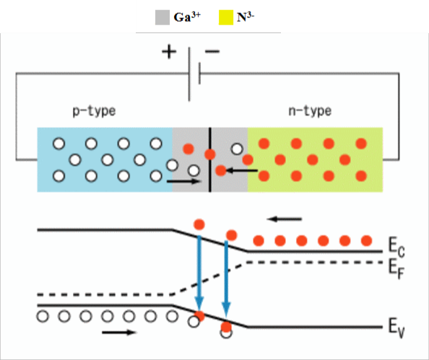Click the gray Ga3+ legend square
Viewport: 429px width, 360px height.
pyautogui.click(x=162, y=17)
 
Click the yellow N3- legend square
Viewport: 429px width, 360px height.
pyautogui.click(x=226, y=17)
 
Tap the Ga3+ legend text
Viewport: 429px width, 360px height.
pyautogui.click(x=187, y=17)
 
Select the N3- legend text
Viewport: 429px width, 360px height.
pyautogui.click(x=246, y=17)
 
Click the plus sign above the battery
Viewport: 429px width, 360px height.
pyautogui.click(x=169, y=52)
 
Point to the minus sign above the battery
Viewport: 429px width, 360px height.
pyautogui.click(x=212, y=51)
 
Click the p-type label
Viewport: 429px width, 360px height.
pyautogui.click(x=94, y=111)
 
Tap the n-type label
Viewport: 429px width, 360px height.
pyautogui.click(x=310, y=111)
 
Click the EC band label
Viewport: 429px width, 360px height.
pyautogui.click(x=396, y=247)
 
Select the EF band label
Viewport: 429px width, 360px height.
pyautogui.click(x=396, y=269)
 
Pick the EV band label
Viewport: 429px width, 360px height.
pyautogui.click(x=396, y=328)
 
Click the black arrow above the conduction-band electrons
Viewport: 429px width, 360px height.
pyautogui.click(x=285, y=219)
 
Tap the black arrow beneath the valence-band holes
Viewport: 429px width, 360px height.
pyautogui.click(x=119, y=333)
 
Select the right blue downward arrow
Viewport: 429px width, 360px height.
pyautogui.click(x=226, y=278)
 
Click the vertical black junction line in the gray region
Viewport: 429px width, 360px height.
pyautogui.click(x=210, y=159)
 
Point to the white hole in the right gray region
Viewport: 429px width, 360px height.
pyautogui.click(x=237, y=149)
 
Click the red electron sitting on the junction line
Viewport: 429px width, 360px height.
pyautogui.click(x=210, y=154)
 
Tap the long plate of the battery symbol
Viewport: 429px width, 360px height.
pyautogui.click(x=189, y=74)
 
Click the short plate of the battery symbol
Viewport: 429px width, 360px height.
pyautogui.click(x=199, y=74)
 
